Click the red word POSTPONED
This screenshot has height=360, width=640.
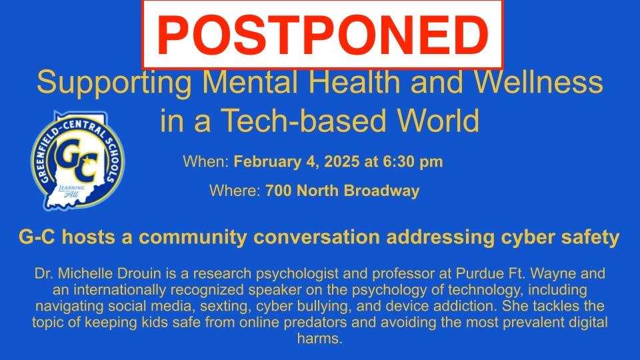click(323, 35)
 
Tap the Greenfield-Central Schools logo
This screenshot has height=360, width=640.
click(77, 161)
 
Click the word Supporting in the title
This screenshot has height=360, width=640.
click(114, 83)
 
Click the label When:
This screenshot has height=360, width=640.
click(206, 161)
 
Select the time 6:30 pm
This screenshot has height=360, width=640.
click(413, 161)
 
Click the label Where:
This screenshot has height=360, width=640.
click(235, 191)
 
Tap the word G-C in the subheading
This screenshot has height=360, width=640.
click(37, 237)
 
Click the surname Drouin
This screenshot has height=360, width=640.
click(139, 273)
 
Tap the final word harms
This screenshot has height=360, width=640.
click(319, 339)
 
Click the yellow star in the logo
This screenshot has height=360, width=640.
click(87, 161)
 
